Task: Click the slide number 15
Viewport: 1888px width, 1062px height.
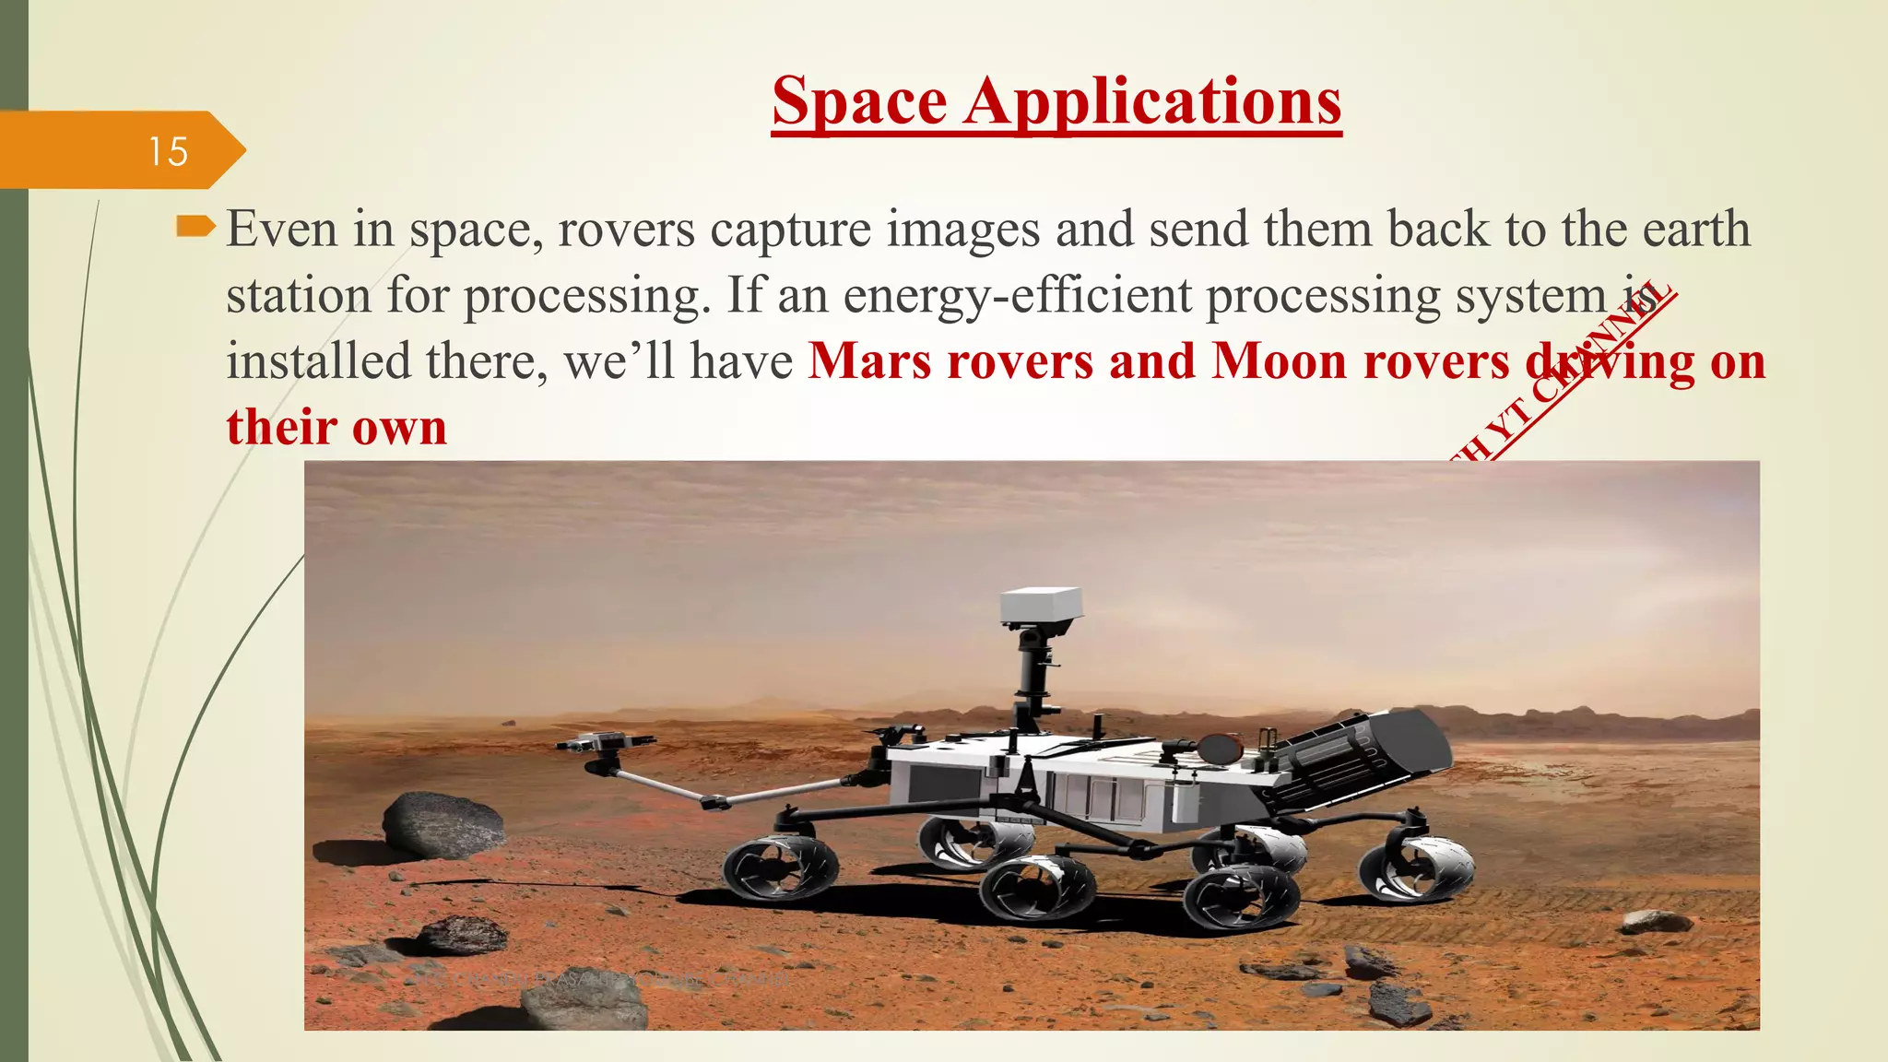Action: point(168,151)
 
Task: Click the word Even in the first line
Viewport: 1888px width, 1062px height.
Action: point(282,229)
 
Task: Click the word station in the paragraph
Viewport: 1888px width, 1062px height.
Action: point(298,295)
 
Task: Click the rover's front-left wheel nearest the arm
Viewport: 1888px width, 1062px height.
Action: point(780,868)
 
